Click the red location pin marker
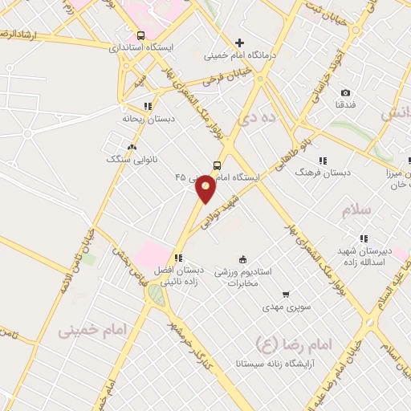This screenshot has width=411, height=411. [x=206, y=188]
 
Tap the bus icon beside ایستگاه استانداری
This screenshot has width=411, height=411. [x=142, y=35]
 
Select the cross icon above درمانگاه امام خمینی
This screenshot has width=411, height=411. [x=238, y=43]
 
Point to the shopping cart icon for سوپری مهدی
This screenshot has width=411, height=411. [x=285, y=294]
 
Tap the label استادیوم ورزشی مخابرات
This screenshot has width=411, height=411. [x=244, y=277]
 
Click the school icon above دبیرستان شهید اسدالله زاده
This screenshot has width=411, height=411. [x=364, y=238]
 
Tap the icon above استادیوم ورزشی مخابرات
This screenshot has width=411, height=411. [x=243, y=257]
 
